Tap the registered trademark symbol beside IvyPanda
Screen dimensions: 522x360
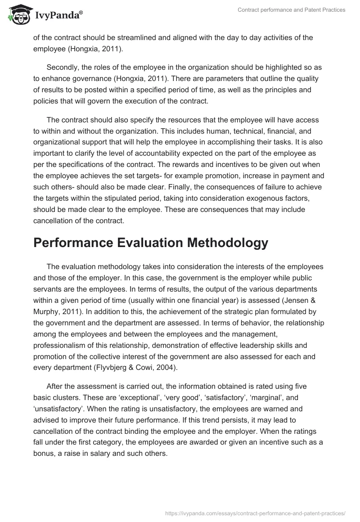[81, 13]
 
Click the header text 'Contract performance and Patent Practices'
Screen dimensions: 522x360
[291, 10]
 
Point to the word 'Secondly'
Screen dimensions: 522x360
[62, 67]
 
